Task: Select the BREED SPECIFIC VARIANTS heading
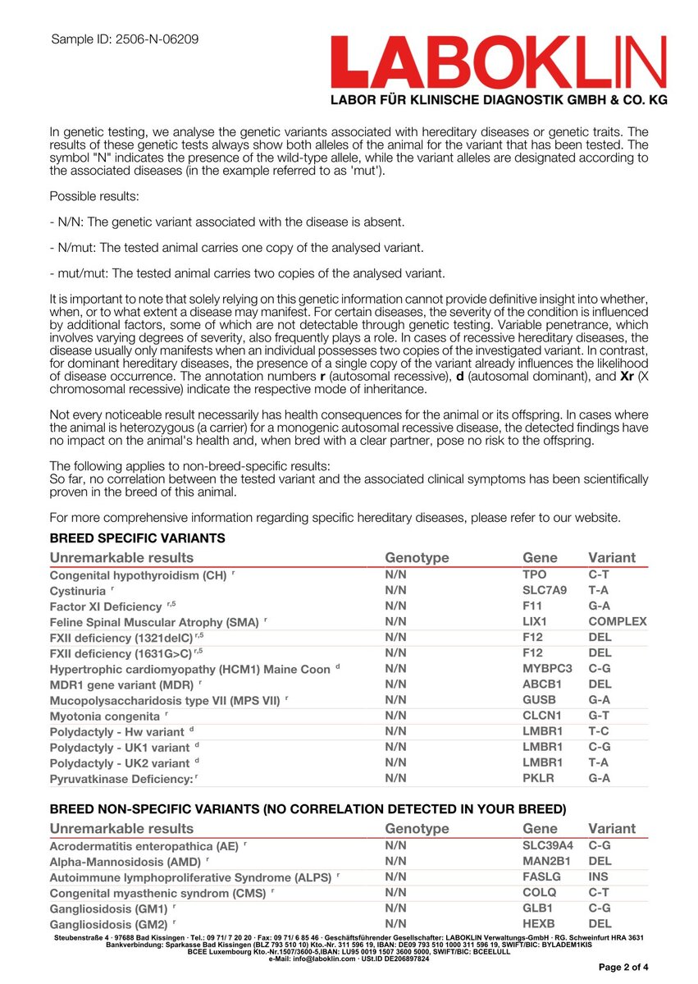pos(137,538)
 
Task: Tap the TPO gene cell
pos(534,575)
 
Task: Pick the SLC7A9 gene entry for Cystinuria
pos(545,591)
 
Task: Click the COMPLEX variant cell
pos(617,622)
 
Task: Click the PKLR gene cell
pos(538,778)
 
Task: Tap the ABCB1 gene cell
pos(541,684)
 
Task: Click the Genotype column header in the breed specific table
pos(417,558)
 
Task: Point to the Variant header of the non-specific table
pos(611,829)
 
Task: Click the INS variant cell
pos(600,877)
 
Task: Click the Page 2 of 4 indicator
pos(624,968)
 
